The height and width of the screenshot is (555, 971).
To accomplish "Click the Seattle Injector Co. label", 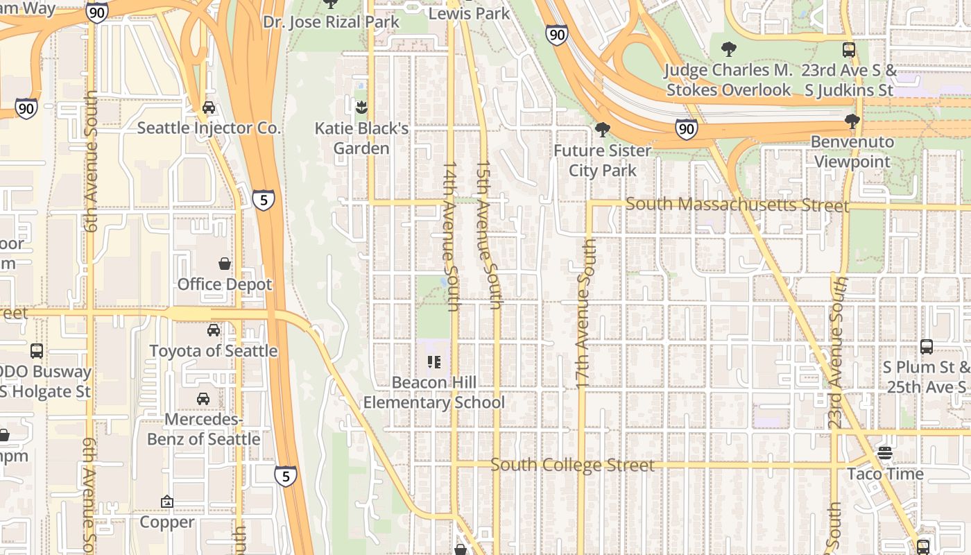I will click(209, 128).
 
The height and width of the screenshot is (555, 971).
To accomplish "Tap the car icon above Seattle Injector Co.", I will click(208, 108).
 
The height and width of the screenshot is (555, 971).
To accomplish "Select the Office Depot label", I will click(225, 284).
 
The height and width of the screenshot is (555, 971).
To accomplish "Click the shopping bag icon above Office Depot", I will click(225, 264).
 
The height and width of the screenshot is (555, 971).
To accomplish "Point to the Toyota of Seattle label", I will click(214, 351).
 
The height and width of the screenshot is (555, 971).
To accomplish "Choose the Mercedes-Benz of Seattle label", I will click(204, 429).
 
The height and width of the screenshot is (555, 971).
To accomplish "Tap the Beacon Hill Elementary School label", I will click(434, 393).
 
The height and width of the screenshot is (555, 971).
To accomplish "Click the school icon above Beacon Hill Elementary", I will click(434, 361).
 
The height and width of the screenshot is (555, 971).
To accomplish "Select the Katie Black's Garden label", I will click(361, 138).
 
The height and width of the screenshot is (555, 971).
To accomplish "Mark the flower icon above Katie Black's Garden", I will click(361, 107).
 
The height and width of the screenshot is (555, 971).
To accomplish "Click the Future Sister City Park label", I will click(602, 160).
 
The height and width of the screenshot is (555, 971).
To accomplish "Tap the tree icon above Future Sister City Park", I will click(602, 129).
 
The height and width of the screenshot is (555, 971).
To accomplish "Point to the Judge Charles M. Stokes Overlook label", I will click(728, 80).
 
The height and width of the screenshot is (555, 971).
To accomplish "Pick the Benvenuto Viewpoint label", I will click(852, 151).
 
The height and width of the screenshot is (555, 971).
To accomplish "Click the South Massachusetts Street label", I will click(737, 205).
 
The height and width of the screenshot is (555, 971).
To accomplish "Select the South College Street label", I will click(572, 465).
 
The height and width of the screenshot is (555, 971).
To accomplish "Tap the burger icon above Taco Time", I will click(884, 453).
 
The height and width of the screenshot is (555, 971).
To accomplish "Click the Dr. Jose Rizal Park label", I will click(331, 22).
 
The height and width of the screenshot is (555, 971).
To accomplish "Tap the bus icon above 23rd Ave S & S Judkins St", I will click(849, 49).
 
